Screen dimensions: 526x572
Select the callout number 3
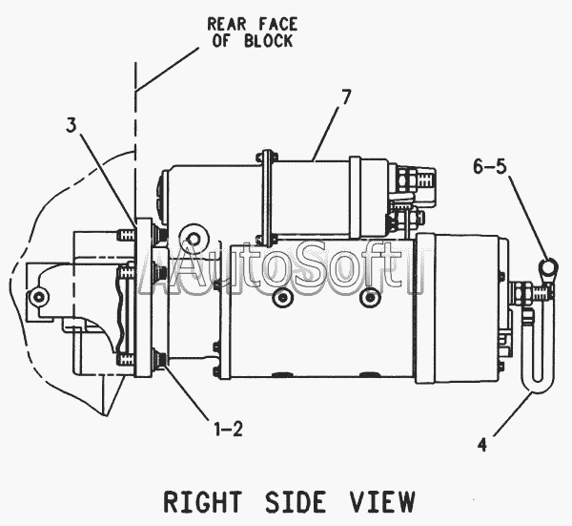[72, 126]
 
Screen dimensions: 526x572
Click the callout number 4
[481, 443]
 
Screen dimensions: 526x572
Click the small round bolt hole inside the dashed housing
[38, 297]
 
